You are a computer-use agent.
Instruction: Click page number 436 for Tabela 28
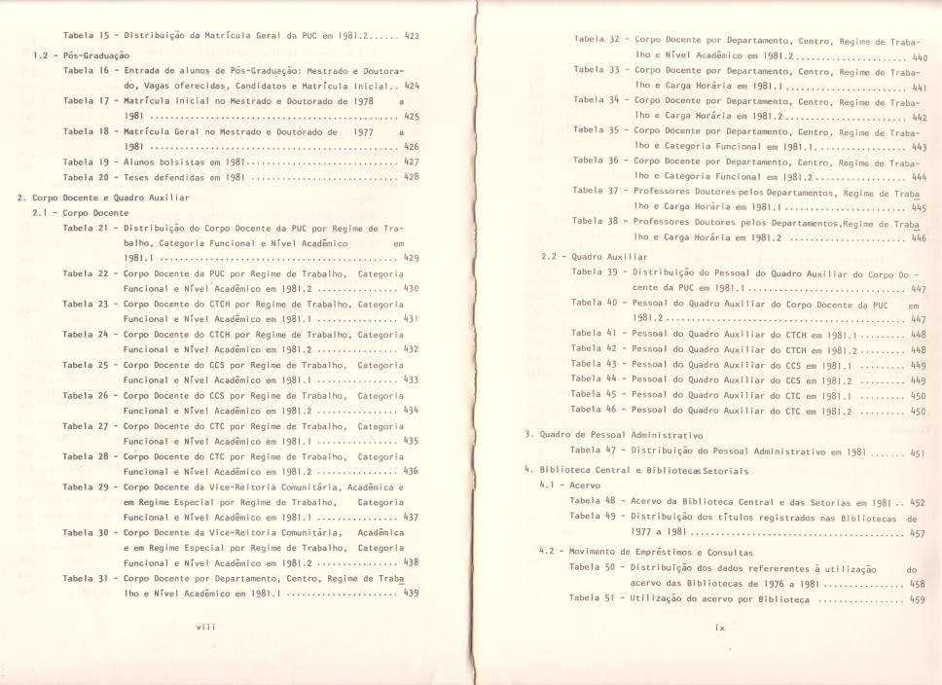411,470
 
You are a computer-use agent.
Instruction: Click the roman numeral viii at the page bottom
205,629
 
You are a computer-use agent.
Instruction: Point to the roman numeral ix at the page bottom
720,629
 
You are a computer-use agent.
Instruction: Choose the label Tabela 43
594,365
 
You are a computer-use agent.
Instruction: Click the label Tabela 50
593,566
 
